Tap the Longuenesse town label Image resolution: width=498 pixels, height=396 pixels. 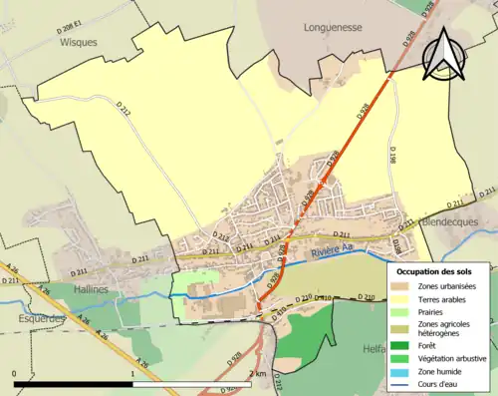(334, 29)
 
